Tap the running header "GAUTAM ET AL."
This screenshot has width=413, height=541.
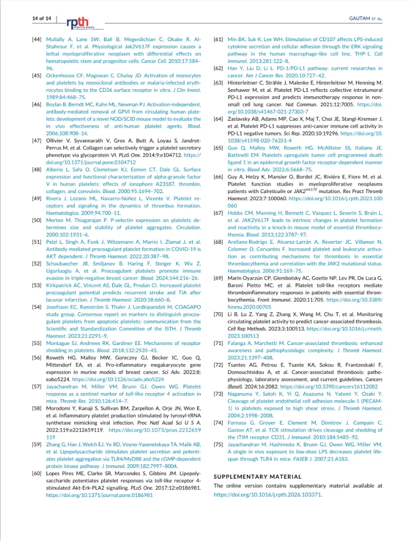(365, 19)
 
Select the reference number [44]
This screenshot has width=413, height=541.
(37, 39)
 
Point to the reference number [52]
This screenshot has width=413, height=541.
(37, 263)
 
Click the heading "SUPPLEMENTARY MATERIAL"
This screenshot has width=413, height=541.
(257, 476)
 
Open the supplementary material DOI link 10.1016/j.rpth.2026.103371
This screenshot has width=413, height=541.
(267, 494)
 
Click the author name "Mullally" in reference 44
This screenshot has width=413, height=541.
(57, 39)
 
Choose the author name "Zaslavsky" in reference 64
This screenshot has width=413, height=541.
(241, 119)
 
